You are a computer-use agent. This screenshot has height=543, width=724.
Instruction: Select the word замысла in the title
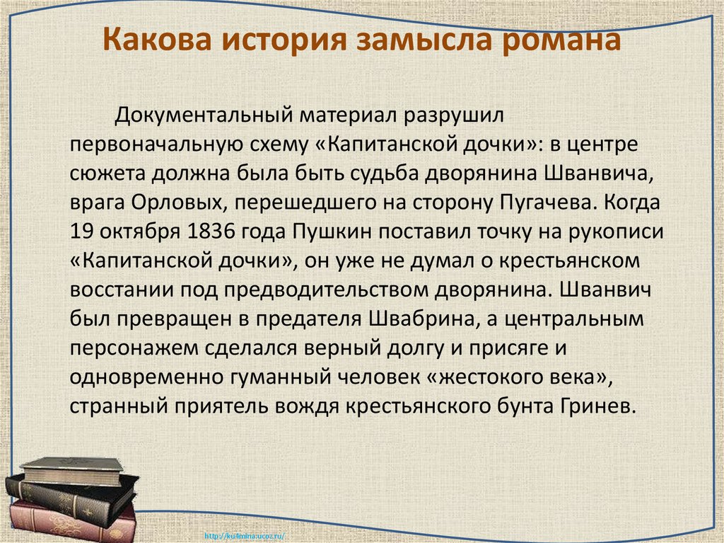click(x=424, y=40)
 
